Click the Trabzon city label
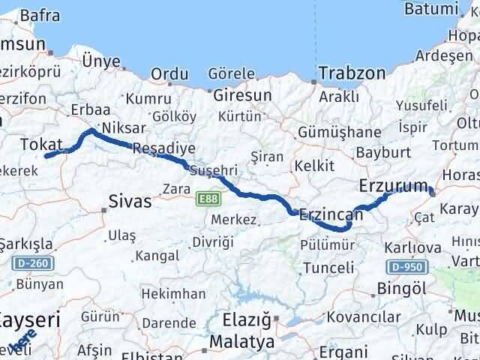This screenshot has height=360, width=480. [352, 73]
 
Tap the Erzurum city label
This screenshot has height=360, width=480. [393, 184]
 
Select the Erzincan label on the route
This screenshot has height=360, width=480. [331, 214]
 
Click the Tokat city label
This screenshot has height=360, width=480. [41, 143]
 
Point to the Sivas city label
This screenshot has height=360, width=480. [130, 201]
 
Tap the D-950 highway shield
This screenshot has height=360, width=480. [408, 266]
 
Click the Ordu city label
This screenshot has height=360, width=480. [169, 74]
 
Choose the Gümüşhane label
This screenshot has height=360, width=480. [350, 132]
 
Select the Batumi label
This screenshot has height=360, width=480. [430, 9]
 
